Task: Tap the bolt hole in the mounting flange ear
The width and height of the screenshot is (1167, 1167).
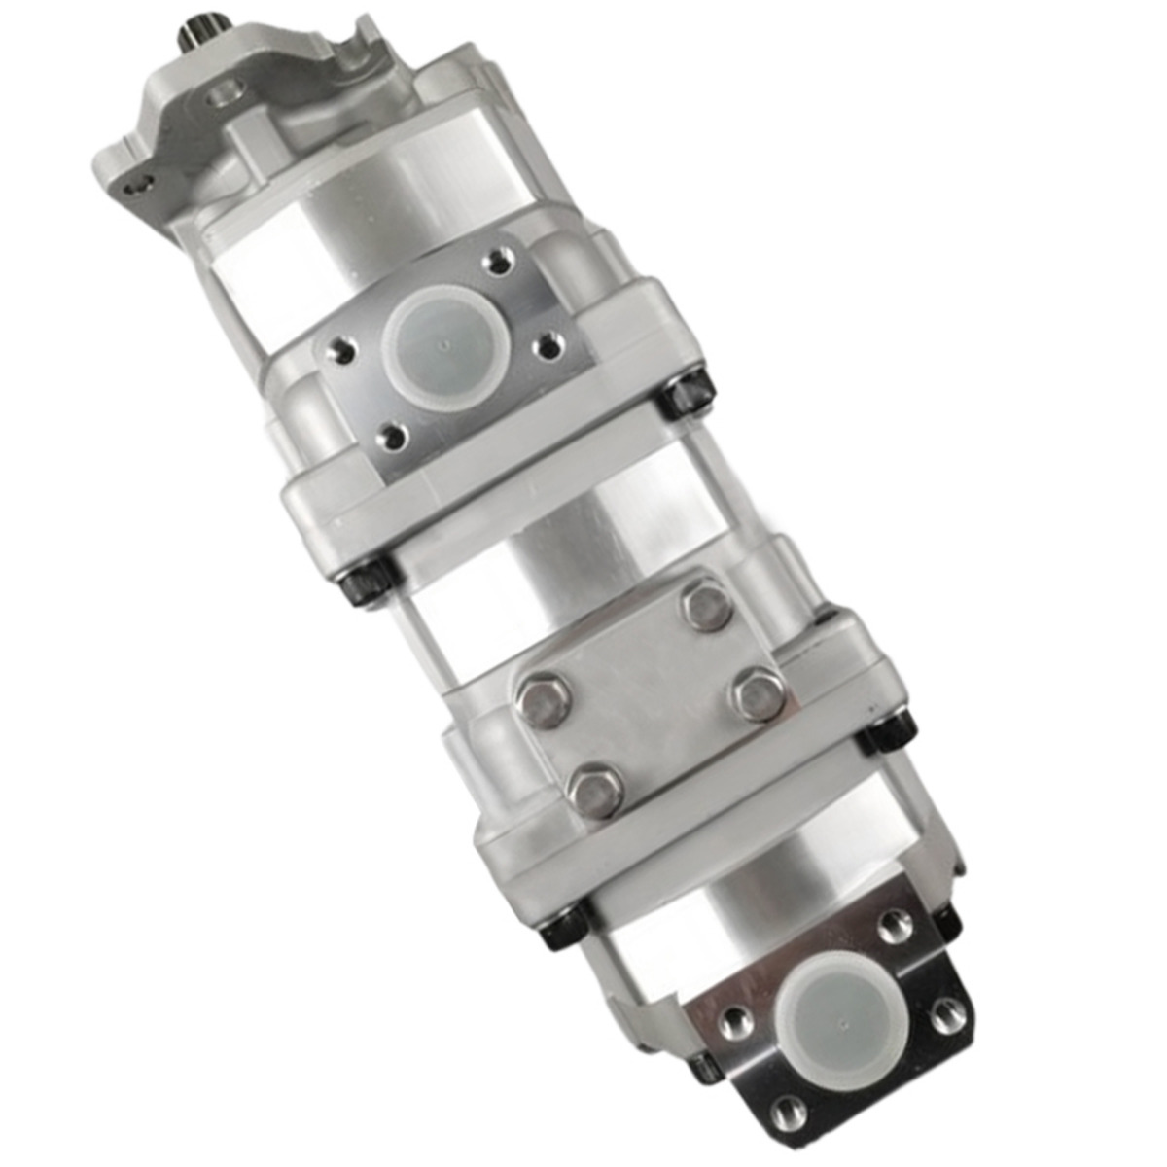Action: [x=143, y=181]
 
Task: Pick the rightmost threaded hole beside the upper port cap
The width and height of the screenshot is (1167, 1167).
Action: [x=550, y=345]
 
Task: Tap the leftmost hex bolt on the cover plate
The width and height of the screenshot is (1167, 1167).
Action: [x=544, y=700]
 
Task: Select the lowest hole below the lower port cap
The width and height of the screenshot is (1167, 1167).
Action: [x=791, y=1113]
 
